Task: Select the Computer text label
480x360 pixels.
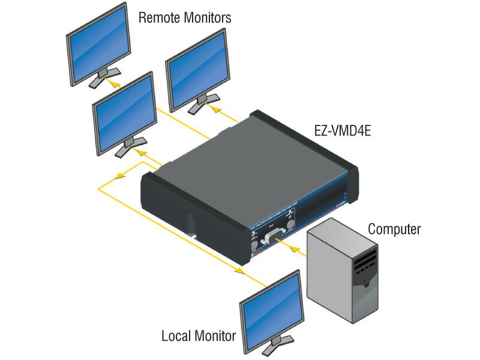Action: pos(394,229)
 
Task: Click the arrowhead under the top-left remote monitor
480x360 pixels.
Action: pos(115,84)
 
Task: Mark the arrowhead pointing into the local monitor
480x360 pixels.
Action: pos(239,271)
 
